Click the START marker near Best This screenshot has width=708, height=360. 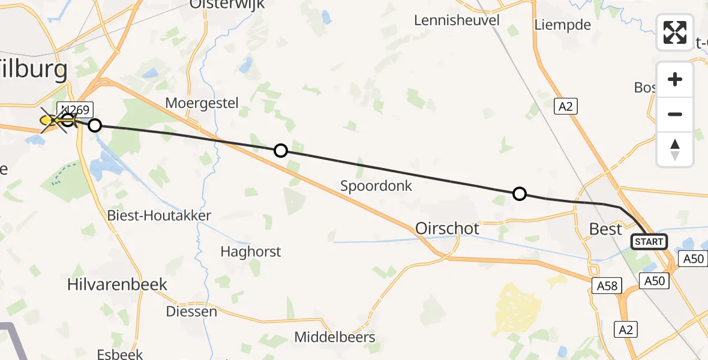649,242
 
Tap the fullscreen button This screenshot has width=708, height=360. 675,32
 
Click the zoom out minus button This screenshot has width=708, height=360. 675,114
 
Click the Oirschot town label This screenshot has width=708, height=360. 447,229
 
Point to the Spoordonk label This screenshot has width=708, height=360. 376,185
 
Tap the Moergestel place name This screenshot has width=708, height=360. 202,103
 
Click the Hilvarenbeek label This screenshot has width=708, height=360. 117,284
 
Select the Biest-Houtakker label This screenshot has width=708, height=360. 158,215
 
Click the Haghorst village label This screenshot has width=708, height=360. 250,251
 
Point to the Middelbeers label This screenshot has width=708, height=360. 335,337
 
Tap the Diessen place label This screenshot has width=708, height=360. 191,311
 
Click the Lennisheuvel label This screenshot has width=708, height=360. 457,20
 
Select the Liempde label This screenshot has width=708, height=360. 562,25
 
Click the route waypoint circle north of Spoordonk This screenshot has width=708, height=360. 280,151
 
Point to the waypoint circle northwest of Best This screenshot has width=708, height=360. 520,194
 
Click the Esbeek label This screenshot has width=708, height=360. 122,354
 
